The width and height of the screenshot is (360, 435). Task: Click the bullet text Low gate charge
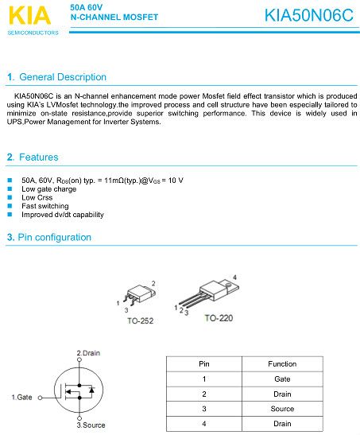(49, 189)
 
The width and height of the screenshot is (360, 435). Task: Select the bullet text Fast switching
(45, 206)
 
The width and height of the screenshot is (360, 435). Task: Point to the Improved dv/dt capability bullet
(63, 215)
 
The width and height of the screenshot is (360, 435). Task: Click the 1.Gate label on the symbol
(21, 396)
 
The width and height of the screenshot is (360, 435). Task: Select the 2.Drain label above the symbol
(88, 352)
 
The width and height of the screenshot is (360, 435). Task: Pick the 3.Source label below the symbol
(90, 425)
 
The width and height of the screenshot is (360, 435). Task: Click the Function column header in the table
(282, 363)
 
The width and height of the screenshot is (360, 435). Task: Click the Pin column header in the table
(204, 363)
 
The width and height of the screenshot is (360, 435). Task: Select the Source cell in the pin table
(282, 409)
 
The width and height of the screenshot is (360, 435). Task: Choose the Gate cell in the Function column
(282, 379)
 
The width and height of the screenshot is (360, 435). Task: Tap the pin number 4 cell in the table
(204, 424)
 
